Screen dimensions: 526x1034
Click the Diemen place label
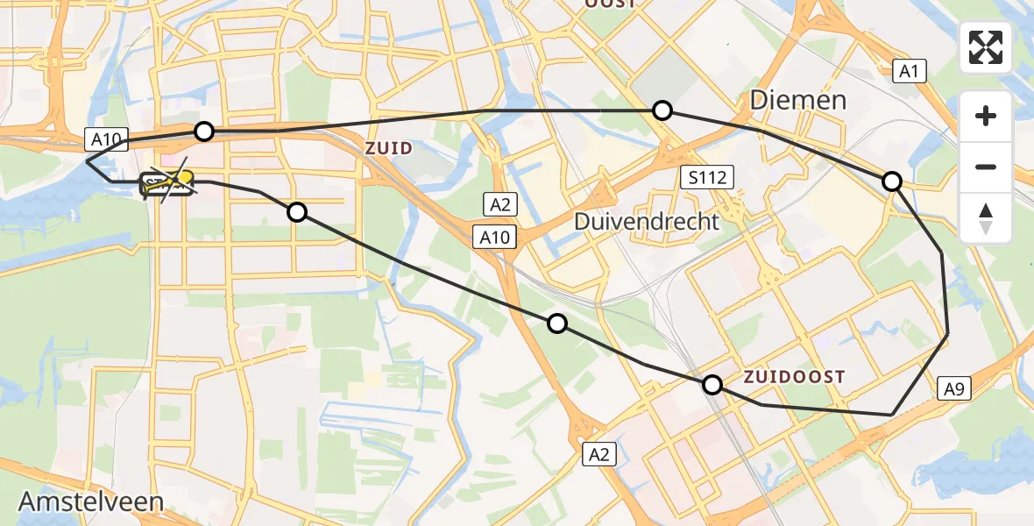[x=798, y=100]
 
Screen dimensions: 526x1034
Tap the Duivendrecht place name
[x=646, y=221]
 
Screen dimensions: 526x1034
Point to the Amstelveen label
[x=91, y=502]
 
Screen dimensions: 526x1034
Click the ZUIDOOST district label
[x=795, y=378]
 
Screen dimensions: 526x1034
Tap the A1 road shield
[x=910, y=71]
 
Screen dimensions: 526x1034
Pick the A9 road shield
[x=954, y=388]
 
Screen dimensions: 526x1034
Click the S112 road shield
[x=705, y=178]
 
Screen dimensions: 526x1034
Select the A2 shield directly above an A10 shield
[x=499, y=205]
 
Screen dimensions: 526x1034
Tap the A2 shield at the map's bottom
[x=600, y=453]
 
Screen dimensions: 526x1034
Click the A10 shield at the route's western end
[x=108, y=138]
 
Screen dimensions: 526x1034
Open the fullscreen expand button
[x=986, y=47]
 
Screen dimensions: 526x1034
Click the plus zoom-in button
[x=986, y=116]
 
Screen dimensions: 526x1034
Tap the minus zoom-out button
[x=986, y=167]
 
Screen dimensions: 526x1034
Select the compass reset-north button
[x=986, y=217]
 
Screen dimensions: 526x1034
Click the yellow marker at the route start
[x=185, y=178]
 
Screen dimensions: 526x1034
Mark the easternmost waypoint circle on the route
[x=892, y=181]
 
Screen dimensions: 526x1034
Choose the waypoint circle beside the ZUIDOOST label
[x=712, y=384]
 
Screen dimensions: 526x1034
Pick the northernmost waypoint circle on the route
[x=662, y=110]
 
